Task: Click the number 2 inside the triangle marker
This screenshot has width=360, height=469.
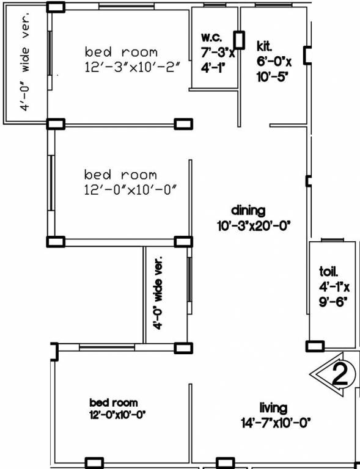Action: coord(339,373)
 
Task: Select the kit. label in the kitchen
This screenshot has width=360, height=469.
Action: coord(264,46)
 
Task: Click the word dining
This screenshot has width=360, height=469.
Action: coord(248,211)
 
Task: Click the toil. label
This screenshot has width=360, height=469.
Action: coord(329,271)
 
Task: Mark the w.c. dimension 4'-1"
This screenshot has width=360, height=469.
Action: coord(210,68)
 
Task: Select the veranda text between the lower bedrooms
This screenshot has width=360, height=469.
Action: coord(159,294)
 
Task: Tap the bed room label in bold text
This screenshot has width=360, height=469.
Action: coord(114,402)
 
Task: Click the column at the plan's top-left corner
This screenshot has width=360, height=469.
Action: coord(56,7)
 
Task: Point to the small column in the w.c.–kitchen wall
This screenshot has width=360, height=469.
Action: coord(240,40)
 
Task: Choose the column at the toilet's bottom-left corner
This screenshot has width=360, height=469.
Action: coord(314,347)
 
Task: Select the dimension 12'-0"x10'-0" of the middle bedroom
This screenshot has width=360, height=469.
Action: coord(130,190)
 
